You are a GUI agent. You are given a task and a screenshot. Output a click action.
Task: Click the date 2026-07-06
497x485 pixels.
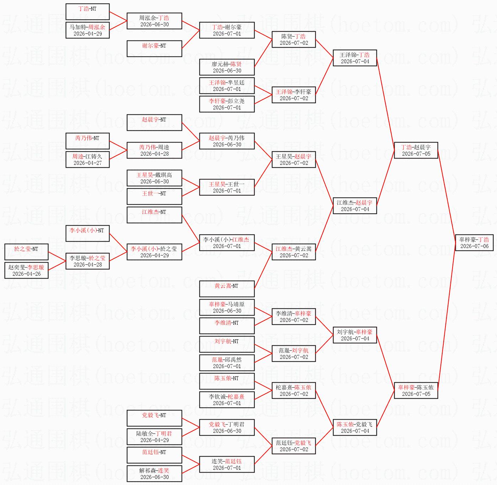[x=474, y=246]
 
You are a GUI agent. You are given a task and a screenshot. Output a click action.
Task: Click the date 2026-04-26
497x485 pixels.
[x=27, y=274]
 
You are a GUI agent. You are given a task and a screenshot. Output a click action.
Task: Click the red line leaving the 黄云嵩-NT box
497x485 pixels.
[x=263, y=270]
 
